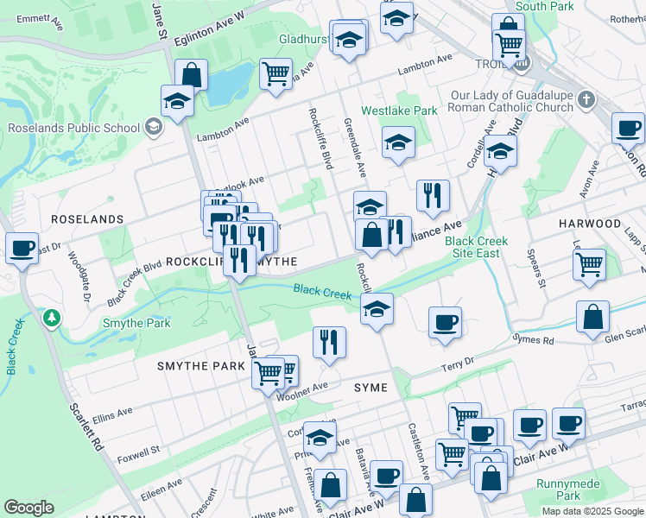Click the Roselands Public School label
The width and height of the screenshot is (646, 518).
tap(73, 128)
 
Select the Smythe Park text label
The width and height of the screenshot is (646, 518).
tap(136, 324)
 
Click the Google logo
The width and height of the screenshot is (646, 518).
tap(28, 508)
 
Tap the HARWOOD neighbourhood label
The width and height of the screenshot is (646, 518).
tap(590, 223)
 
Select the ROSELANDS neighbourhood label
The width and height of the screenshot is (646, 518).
tap(87, 219)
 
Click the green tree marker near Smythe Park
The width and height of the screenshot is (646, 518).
tap(53, 319)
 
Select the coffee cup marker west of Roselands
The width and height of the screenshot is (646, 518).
tap(22, 249)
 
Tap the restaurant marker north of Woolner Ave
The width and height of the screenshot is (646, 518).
tap(329, 342)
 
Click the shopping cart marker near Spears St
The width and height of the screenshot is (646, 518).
tap(589, 264)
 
